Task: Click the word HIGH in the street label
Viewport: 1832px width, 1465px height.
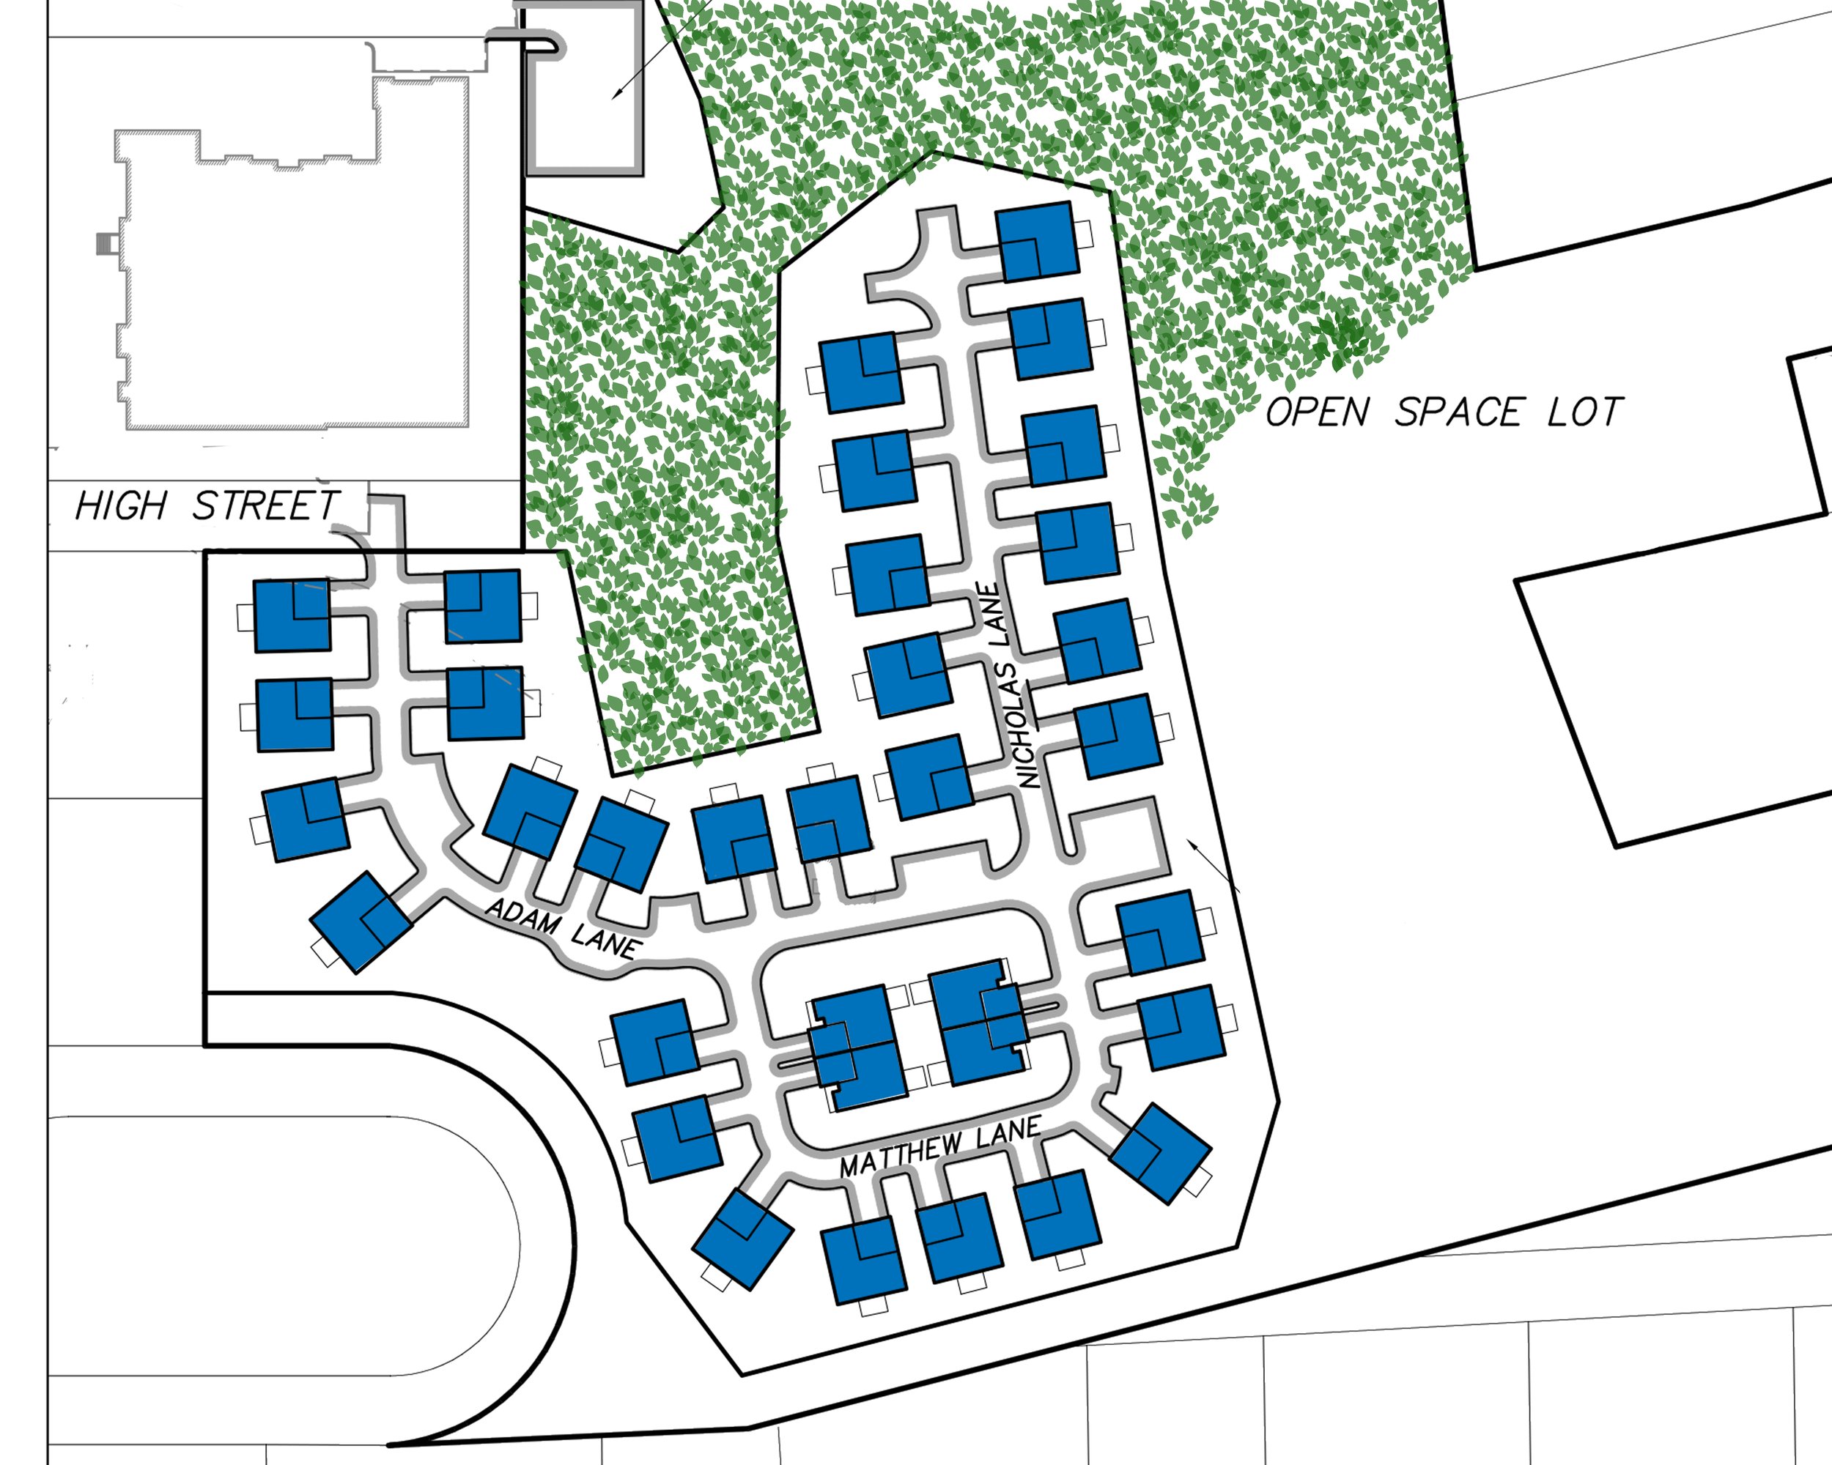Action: click(x=122, y=506)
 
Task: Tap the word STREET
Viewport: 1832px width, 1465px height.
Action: click(x=267, y=506)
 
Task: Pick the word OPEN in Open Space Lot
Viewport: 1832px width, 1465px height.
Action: click(x=1318, y=412)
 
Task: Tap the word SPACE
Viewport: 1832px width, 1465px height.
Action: click(x=1458, y=412)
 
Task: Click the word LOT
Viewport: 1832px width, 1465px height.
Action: click(x=1586, y=412)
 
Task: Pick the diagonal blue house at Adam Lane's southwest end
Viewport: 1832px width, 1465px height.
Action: click(x=361, y=922)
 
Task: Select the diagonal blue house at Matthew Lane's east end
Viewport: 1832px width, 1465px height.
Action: click(x=1161, y=1153)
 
